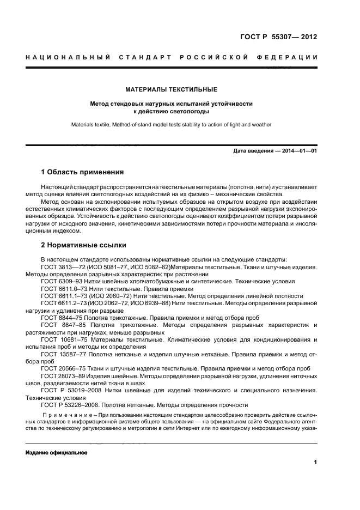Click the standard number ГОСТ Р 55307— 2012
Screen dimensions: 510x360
click(278, 38)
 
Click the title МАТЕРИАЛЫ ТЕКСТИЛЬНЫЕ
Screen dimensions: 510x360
click(172, 89)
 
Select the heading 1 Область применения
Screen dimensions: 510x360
click(83, 172)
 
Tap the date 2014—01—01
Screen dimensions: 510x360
click(297, 150)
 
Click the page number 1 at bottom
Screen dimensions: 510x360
click(315, 463)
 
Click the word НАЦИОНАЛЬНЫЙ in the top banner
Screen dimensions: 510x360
click(68, 57)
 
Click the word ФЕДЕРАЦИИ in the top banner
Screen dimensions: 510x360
click(288, 57)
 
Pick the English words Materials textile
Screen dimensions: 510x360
click(88, 125)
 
